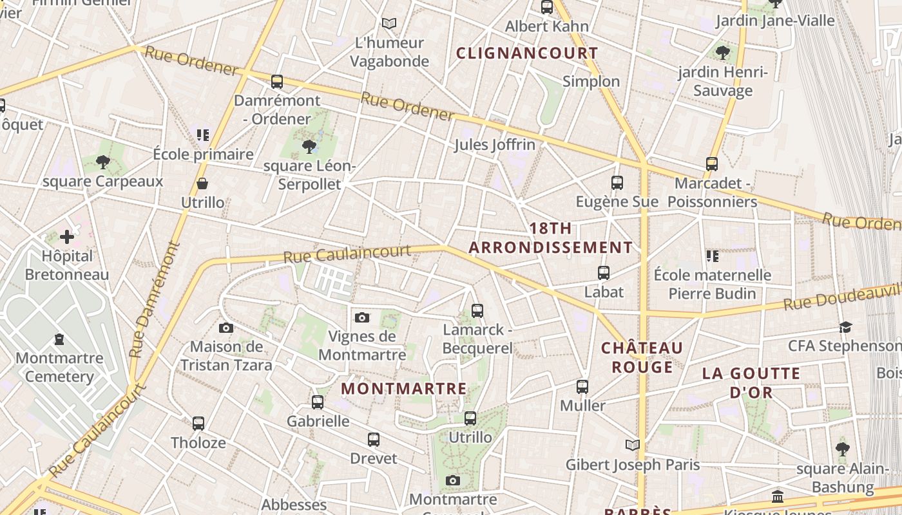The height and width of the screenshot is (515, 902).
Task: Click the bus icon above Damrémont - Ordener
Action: pos(277,82)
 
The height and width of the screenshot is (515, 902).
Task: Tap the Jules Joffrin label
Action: pos(495,145)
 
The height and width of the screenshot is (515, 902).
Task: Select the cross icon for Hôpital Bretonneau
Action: pos(67,237)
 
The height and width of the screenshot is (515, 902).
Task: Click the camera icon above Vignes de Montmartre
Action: pos(362,317)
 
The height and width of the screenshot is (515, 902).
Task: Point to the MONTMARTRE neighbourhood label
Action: pos(404,389)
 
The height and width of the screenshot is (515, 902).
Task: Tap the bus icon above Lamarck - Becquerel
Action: pos(477,311)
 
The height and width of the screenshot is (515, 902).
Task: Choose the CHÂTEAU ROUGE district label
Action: pos(642,357)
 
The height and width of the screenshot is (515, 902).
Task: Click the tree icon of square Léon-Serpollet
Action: pos(309,147)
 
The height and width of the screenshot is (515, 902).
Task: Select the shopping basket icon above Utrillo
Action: pos(202,183)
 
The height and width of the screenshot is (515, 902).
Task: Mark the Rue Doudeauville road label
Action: pos(841,297)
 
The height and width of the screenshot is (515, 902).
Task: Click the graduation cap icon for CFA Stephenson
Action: pos(845,328)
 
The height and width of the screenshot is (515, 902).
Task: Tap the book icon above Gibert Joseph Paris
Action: pos(633,445)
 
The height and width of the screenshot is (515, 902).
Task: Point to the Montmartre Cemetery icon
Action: pos(59,339)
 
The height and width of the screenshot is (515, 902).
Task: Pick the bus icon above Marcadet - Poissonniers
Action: pos(712,164)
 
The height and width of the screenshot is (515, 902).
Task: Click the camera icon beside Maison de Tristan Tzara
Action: pos(225,328)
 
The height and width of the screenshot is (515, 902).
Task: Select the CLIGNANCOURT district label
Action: pos(528,53)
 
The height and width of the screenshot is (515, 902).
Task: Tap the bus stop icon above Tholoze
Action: pos(198,424)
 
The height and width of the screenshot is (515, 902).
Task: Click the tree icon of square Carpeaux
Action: pos(103,162)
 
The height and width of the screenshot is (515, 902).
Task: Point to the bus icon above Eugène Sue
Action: pos(617,183)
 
